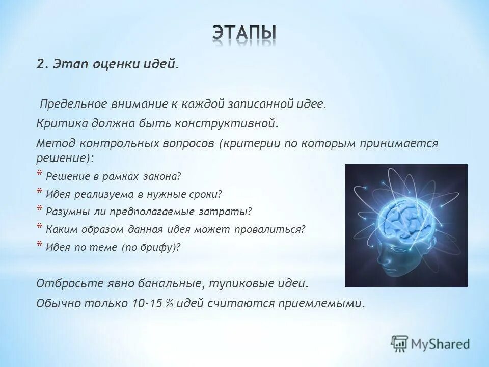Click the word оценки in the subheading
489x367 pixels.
point(112,64)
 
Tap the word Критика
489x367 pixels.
point(62,123)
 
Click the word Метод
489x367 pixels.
point(56,143)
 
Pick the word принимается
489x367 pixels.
point(399,143)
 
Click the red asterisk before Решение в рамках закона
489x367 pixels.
point(40,174)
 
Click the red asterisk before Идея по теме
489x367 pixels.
point(40,244)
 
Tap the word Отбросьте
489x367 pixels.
point(70,284)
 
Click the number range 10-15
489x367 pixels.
point(147,303)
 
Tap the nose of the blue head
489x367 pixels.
point(380,257)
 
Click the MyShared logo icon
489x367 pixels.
point(399,344)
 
